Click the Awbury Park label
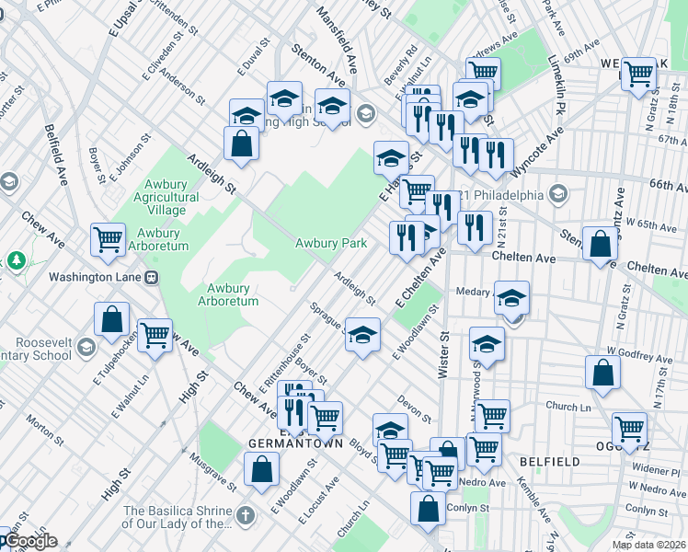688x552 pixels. coord(331,243)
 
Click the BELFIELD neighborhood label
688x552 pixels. coord(549,461)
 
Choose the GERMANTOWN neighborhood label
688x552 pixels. coord(295,443)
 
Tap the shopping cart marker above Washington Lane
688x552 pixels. coord(108,239)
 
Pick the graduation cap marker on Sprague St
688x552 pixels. coord(362,334)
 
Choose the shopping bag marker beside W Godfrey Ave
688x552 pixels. coord(602,373)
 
